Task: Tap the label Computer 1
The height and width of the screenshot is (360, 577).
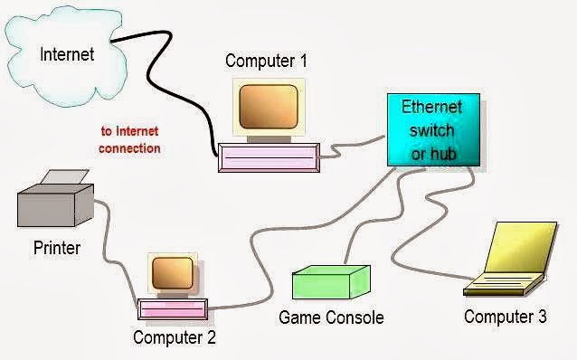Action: [x=266, y=62]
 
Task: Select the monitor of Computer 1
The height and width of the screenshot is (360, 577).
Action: [x=268, y=107]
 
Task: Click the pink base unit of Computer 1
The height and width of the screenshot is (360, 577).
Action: [x=268, y=158]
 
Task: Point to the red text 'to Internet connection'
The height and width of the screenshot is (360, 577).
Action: [x=130, y=140]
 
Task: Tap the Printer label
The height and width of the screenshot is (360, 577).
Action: [x=57, y=247]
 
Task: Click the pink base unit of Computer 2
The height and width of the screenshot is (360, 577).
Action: [x=175, y=308]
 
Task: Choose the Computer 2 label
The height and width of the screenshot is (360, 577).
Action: [x=175, y=338]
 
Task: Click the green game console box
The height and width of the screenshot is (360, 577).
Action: [x=330, y=282]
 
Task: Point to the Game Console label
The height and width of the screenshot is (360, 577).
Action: [x=331, y=317]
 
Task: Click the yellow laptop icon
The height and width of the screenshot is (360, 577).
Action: [x=507, y=262]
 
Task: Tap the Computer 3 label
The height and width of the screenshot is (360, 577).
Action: [x=505, y=317]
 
